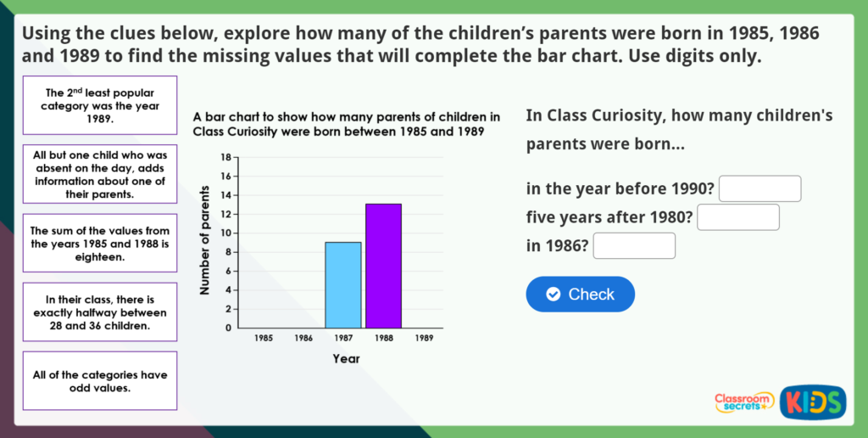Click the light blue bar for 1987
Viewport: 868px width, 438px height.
[343, 285]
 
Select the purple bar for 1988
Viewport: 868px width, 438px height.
[383, 267]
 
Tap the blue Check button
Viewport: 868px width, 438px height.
[580, 294]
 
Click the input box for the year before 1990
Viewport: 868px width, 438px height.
[760, 188]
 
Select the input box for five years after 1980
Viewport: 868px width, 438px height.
[738, 217]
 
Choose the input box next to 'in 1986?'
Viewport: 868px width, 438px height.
[634, 245]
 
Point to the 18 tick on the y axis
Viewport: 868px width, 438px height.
[225, 157]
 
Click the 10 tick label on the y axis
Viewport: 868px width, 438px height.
[225, 233]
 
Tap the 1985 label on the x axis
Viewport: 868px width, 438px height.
[264, 338]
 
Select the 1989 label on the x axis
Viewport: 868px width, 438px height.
[424, 338]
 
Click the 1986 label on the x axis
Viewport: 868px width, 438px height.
[303, 338]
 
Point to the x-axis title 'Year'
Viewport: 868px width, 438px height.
[347, 359]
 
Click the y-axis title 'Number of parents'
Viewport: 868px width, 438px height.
[206, 239]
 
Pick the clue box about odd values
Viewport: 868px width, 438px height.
[100, 381]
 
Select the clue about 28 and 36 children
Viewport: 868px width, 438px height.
[100, 312]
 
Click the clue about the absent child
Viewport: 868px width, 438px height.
[100, 174]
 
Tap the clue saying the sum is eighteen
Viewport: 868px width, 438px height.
[100, 244]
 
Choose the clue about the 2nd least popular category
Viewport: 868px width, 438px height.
[100, 105]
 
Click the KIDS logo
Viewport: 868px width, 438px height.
[813, 402]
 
